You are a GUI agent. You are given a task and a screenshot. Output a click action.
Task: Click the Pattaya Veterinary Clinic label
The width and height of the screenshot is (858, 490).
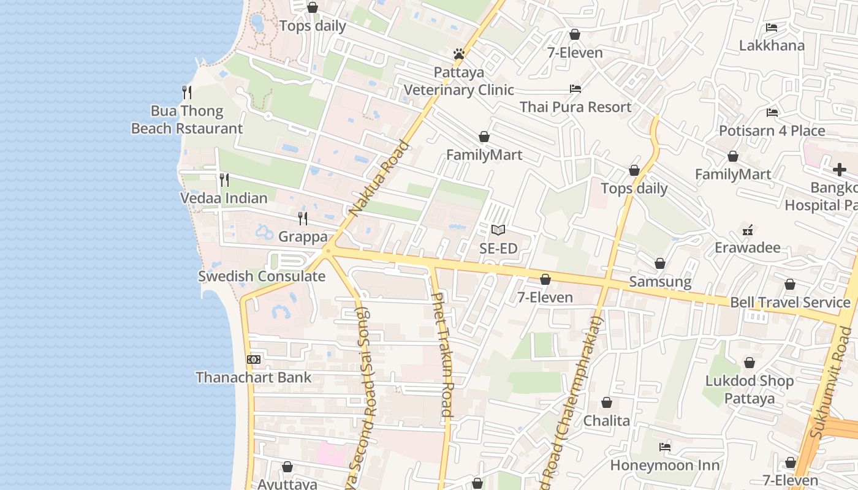(458, 81)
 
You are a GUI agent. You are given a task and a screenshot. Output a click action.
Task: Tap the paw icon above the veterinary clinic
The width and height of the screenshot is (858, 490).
(458, 54)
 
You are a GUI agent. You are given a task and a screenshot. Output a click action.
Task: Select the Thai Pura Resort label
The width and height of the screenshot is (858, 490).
(575, 107)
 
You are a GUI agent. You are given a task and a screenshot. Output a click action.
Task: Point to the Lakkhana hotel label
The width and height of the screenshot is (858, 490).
(772, 45)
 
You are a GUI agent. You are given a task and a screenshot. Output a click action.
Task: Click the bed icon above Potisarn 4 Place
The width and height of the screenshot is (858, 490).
(772, 113)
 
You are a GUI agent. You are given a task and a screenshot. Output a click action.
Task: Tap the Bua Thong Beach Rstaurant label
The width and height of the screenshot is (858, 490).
(187, 120)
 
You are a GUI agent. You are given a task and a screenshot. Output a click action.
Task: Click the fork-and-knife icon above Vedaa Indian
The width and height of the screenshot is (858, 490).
(224, 180)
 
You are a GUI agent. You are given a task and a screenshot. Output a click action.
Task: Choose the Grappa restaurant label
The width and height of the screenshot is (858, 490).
(303, 236)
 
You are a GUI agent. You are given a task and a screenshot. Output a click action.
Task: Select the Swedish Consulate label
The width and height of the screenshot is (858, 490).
(262, 276)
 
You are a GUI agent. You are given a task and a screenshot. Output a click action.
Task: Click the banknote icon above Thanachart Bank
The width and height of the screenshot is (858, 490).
(254, 360)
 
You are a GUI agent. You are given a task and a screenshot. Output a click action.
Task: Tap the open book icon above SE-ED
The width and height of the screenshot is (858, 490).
(498, 230)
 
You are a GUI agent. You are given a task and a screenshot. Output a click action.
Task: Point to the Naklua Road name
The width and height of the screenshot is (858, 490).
(379, 179)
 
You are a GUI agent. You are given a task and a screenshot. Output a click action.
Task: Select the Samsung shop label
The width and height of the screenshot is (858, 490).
(660, 282)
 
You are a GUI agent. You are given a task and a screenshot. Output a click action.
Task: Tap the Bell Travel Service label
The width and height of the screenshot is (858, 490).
(790, 303)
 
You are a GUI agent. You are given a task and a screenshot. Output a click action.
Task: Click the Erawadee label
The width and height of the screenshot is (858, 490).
(748, 248)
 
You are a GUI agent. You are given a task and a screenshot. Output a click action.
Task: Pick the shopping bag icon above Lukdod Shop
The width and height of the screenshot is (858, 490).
(749, 363)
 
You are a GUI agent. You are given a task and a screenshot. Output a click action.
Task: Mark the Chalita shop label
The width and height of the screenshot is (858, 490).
(606, 421)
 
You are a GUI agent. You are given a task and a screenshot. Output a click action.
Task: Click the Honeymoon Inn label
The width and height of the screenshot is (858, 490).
(664, 466)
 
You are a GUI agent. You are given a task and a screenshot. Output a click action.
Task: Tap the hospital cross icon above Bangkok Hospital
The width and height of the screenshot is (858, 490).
(839, 170)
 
